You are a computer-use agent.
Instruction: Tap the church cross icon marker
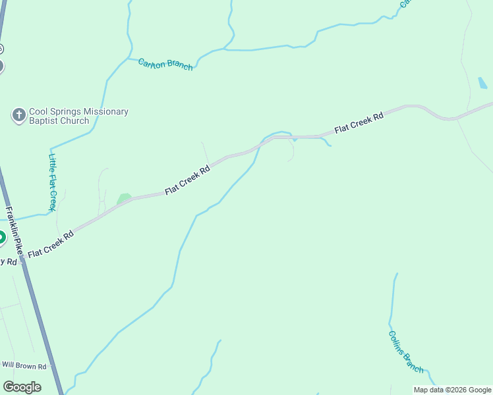click(19, 116)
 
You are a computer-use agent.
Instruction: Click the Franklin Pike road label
click(14, 232)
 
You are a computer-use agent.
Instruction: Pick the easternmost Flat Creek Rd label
click(359, 123)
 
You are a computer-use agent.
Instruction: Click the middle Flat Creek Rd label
click(188, 180)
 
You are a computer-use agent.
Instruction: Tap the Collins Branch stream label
click(405, 351)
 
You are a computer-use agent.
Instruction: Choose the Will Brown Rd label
click(24, 365)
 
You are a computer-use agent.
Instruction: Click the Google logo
click(22, 387)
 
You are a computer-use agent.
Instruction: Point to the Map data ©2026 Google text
click(452, 390)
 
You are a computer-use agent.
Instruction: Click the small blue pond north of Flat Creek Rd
click(482, 83)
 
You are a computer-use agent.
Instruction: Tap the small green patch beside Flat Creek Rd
click(123, 198)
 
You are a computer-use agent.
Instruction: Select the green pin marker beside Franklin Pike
click(1, 237)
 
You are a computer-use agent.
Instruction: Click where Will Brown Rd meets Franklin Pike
click(51, 366)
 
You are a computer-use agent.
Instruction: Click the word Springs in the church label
click(66, 112)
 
